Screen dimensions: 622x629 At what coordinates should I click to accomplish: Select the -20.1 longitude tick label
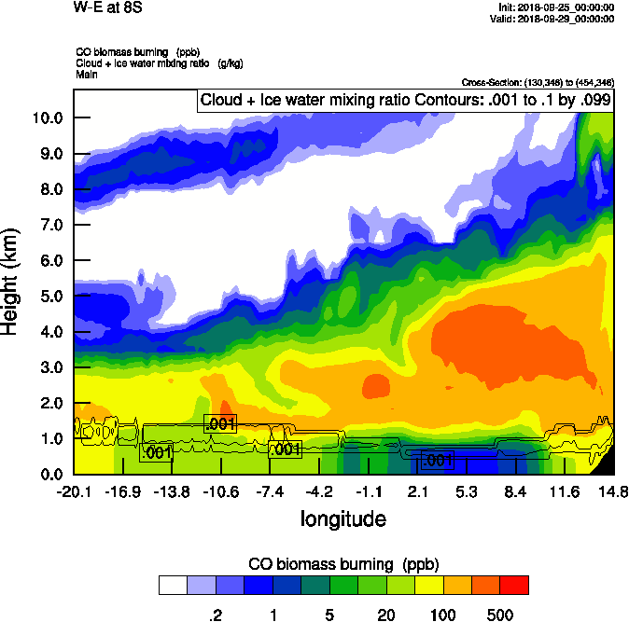pos(74,491)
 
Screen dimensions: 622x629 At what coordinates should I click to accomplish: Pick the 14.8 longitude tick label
pos(612,491)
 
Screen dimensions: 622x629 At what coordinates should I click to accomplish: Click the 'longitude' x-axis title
pos(342,517)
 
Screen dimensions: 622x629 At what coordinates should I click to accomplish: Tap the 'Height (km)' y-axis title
pos(11,282)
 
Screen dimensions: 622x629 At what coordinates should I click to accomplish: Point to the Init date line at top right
pos(557,7)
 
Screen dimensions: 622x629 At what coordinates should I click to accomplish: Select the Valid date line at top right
pos(555,18)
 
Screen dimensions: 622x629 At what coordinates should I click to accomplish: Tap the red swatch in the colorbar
pos(514,586)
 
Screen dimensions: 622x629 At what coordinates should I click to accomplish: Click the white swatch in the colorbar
pos(173,586)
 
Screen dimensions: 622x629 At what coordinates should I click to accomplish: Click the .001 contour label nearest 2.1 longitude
pos(437,461)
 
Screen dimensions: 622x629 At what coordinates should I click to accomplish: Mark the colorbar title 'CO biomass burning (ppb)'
pos(343,564)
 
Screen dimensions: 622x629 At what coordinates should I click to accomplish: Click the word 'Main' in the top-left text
pos(89,74)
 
